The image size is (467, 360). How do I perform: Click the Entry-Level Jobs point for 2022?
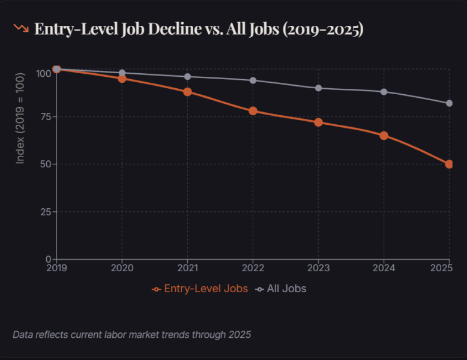tap(253, 111)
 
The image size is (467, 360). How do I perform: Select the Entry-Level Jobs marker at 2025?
tap(449, 164)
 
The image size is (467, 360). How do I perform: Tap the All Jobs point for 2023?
tap(319, 88)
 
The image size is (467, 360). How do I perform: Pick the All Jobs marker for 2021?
tap(188, 77)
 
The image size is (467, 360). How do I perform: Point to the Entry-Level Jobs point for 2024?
tap(384, 136)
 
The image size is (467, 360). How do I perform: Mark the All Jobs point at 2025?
tap(449, 103)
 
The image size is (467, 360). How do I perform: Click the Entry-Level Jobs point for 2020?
tap(122, 79)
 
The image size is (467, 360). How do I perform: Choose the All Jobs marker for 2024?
tap(384, 92)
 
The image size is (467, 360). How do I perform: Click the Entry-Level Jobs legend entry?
tap(200, 289)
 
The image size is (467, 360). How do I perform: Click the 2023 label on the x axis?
tap(319, 268)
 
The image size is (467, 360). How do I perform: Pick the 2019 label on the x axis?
tap(56, 268)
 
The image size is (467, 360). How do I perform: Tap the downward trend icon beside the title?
tap(21, 28)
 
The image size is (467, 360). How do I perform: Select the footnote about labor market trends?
tap(131, 334)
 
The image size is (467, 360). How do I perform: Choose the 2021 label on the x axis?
tap(188, 268)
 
